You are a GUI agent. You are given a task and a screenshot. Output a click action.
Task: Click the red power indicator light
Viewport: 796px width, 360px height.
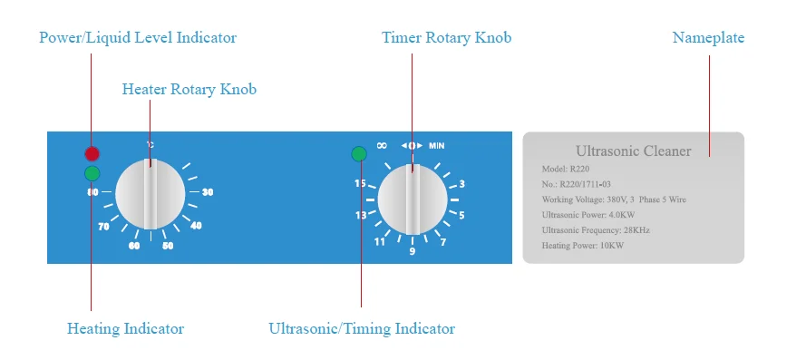[x=92, y=153]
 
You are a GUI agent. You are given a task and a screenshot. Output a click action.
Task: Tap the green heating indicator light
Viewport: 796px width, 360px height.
[x=92, y=172]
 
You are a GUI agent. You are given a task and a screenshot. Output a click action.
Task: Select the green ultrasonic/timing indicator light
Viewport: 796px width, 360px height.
[x=359, y=153]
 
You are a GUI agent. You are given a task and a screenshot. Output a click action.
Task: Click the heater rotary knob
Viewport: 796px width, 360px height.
[x=150, y=195]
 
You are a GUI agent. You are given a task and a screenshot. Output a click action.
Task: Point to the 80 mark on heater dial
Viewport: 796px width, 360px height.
[x=92, y=192]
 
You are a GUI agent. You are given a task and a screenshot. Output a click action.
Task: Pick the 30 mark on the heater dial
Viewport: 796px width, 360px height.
[x=208, y=192]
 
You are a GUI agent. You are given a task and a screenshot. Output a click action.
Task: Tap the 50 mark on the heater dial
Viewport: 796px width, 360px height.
[x=168, y=246]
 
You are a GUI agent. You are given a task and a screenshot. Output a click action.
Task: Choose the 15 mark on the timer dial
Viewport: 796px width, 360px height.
[x=360, y=183]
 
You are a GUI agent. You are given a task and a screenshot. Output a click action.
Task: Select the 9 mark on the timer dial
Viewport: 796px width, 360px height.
[x=413, y=251]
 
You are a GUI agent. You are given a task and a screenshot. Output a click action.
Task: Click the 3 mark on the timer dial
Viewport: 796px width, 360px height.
[x=461, y=184]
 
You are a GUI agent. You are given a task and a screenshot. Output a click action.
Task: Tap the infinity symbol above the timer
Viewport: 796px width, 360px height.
[x=382, y=145]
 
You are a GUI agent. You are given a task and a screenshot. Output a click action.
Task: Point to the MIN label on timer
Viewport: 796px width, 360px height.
[x=437, y=145]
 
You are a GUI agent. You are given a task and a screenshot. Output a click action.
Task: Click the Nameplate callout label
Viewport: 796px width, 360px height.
[x=708, y=38]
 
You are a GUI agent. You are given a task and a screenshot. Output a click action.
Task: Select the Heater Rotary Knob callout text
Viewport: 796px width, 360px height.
[x=189, y=89]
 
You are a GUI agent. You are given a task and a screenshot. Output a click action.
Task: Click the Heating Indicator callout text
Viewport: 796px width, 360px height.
[x=125, y=328]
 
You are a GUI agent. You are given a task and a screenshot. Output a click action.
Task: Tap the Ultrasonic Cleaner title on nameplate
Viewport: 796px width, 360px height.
[x=634, y=151]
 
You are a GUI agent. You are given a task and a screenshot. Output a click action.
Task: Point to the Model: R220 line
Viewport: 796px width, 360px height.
[x=567, y=170]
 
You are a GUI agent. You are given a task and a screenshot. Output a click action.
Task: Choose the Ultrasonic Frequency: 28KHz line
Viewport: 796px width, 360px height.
[x=595, y=230]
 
